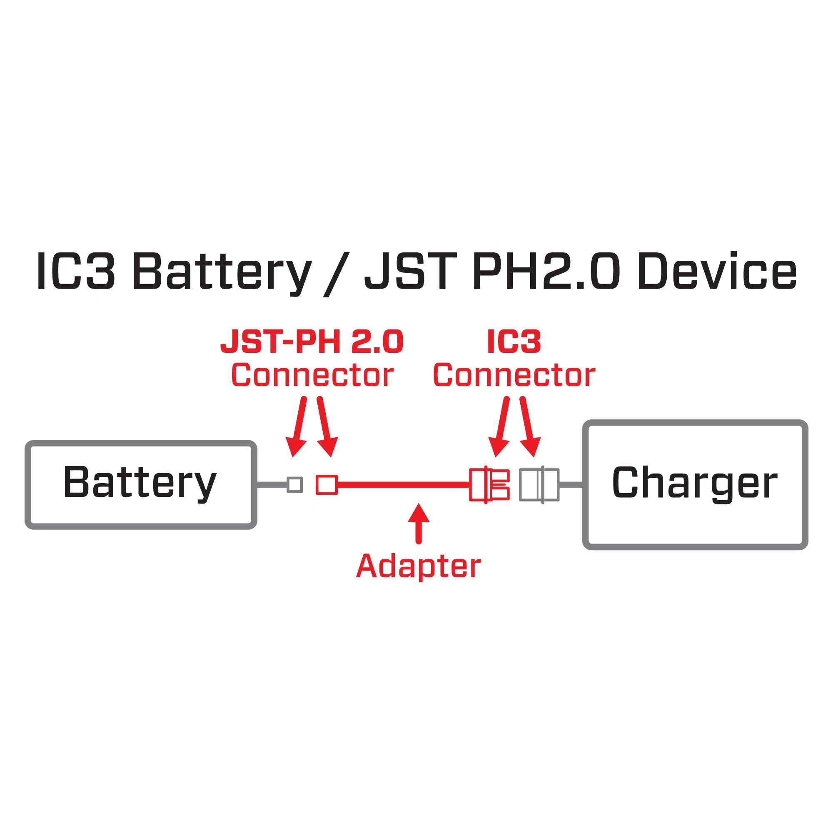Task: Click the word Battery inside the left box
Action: [140, 482]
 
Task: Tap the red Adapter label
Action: [418, 566]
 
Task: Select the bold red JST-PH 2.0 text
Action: [312, 342]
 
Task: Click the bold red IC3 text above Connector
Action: [514, 342]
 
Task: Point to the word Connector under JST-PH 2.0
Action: [312, 375]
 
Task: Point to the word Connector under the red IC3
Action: [514, 375]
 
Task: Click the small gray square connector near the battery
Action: [295, 485]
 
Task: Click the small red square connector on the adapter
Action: [327, 485]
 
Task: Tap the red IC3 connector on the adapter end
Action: [489, 485]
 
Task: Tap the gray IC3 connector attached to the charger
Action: [539, 485]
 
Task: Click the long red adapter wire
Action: [403, 485]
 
